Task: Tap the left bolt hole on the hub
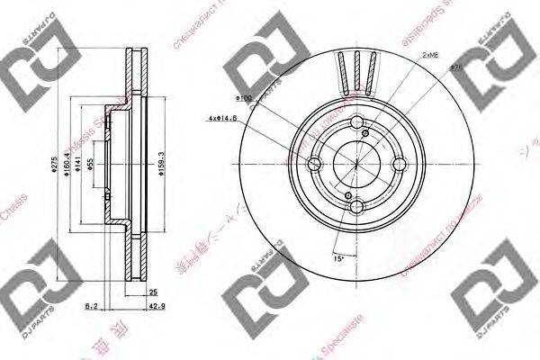coord(315,166)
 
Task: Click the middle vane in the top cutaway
coord(356,67)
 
